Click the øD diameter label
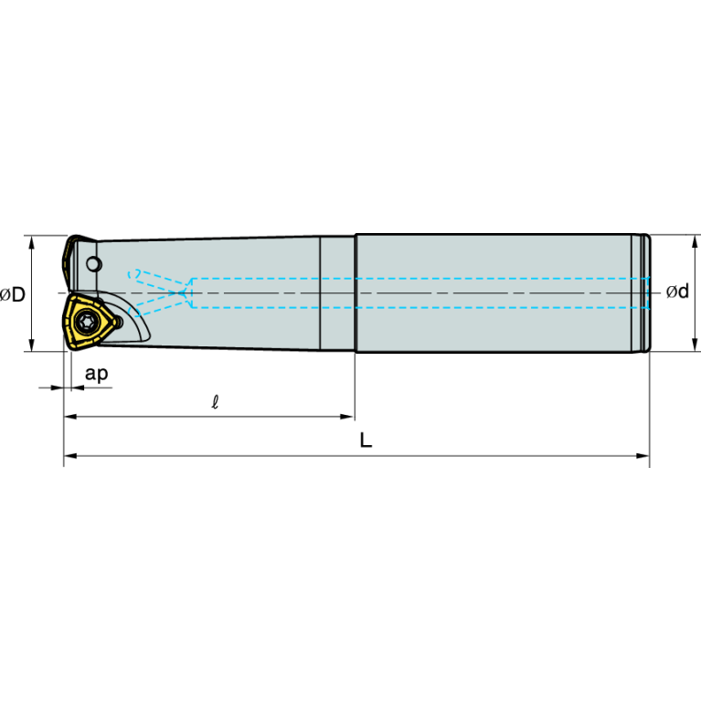click(13, 294)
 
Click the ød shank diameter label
click(677, 292)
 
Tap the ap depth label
click(97, 373)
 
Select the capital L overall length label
click(366, 441)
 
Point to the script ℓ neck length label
click(215, 402)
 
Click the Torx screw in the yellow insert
click(86, 321)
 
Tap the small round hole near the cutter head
click(94, 264)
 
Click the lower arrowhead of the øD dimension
click(31, 345)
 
